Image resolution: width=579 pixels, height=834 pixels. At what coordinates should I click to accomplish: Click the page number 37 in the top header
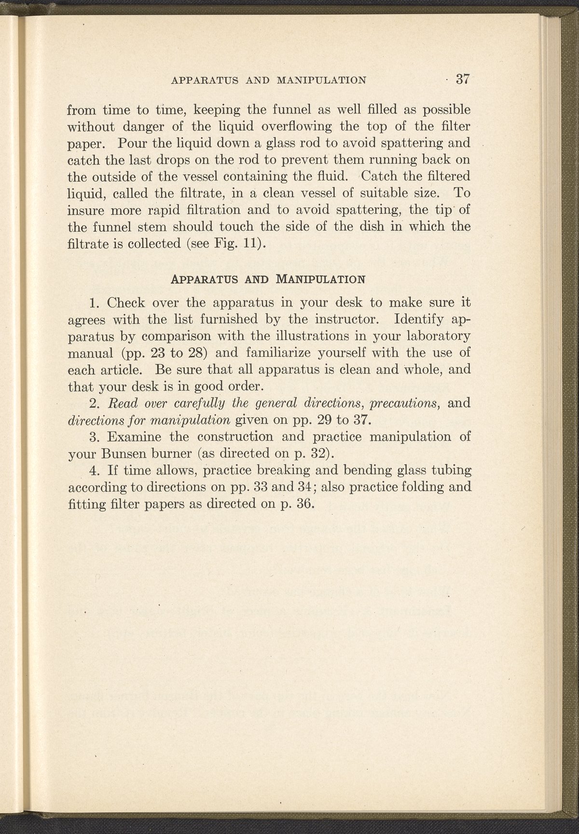pos(462,79)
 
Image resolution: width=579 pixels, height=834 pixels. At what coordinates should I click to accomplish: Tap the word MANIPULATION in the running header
pos(320,80)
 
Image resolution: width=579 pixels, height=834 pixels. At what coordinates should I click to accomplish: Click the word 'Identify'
pos(419,319)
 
